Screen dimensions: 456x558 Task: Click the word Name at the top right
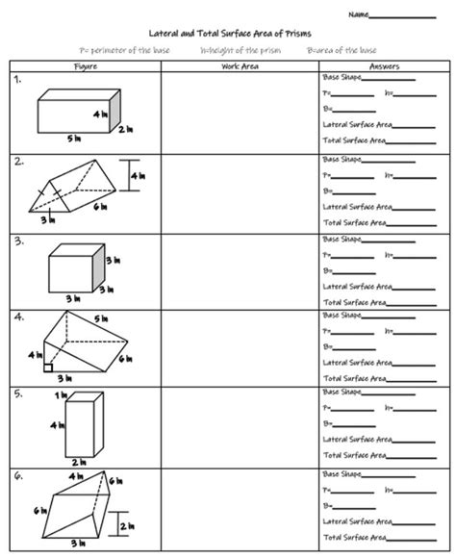pos(358,15)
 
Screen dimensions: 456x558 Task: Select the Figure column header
pos(85,65)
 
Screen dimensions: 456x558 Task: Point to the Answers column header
pos(384,65)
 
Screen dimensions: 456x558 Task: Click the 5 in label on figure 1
pos(73,139)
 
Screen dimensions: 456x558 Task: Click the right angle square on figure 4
pos(47,366)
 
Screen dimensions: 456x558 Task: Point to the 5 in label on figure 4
pos(100,318)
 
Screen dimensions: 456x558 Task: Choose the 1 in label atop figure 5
pos(62,395)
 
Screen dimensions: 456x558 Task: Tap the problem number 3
pos(18,241)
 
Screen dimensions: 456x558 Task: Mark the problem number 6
pos(18,475)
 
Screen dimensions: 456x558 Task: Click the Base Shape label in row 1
pos(343,76)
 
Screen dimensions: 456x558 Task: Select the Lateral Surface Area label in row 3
pos(357,285)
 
